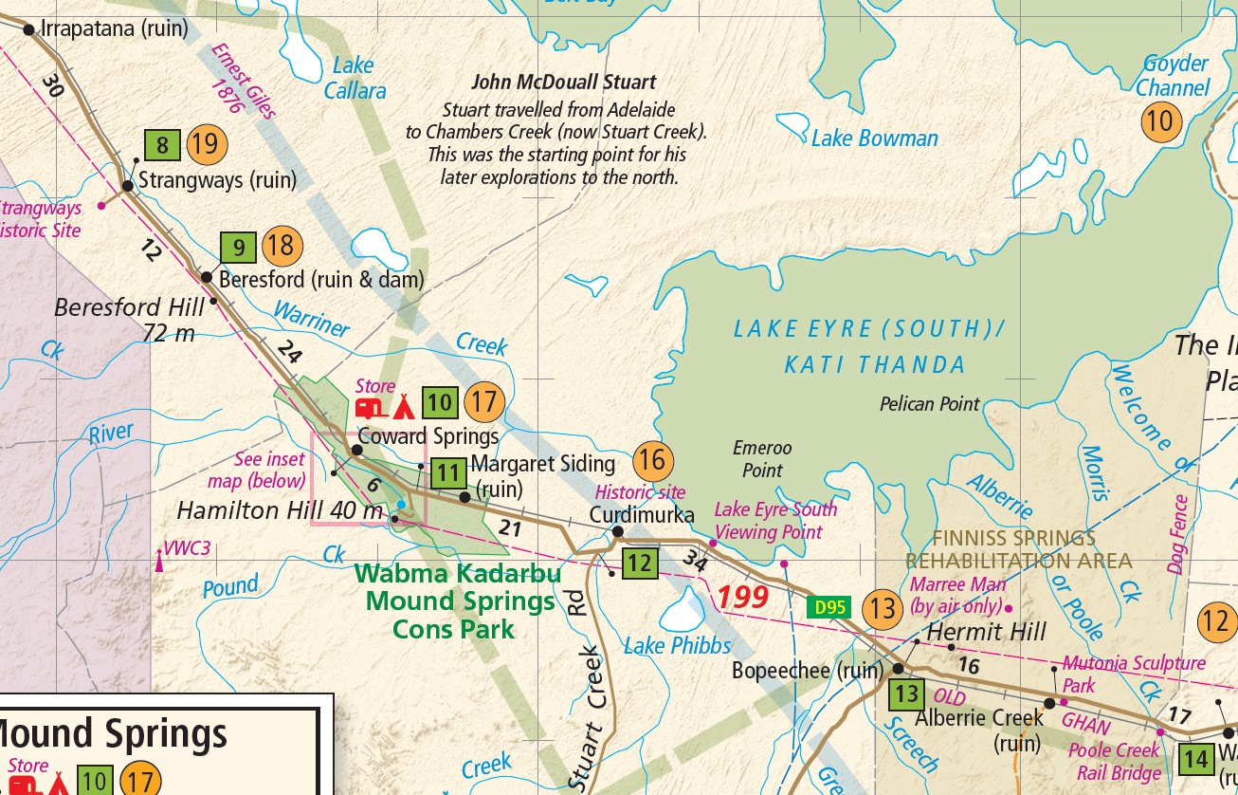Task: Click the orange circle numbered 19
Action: pos(208,145)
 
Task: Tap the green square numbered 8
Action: pos(163,146)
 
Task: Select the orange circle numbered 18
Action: pos(282,247)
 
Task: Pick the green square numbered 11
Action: pos(448,473)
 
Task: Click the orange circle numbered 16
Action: pos(652,461)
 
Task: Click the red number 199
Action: pos(741,598)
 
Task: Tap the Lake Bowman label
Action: pos(874,139)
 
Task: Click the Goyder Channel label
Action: pos(1174,76)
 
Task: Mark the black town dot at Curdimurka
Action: pos(617,531)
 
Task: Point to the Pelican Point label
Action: pos(929,404)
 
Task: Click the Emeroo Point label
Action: pos(762,458)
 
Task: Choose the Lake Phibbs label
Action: pos(677,646)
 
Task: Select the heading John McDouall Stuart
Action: pos(564,83)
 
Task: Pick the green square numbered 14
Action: pos(1195,759)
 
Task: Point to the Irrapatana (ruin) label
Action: pos(115,28)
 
